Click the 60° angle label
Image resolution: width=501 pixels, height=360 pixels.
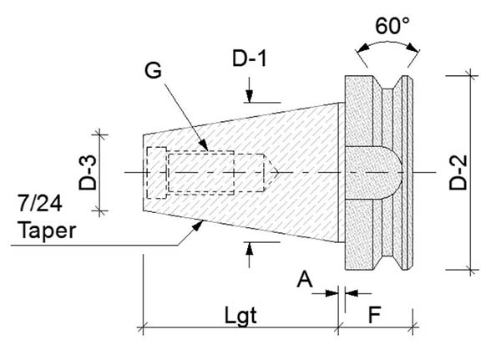392,26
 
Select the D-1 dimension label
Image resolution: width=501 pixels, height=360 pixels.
249,59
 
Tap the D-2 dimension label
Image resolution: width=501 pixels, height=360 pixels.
458,173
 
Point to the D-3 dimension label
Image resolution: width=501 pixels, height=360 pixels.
88,173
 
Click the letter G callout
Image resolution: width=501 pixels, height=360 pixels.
153,70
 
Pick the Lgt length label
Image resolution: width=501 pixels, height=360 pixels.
240,316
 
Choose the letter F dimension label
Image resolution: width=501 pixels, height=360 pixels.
374,315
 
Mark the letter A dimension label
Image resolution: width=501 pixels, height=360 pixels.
305,279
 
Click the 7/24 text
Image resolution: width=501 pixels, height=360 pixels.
40,203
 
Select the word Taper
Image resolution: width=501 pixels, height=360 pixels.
47,231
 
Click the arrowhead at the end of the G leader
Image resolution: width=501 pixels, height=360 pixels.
204,145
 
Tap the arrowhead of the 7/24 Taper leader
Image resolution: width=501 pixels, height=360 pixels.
197,226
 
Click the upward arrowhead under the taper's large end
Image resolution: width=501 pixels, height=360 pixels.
249,248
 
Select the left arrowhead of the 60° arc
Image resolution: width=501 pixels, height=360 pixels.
362,48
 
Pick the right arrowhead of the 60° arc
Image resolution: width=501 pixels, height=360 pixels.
412,48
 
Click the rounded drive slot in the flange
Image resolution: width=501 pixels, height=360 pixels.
373,173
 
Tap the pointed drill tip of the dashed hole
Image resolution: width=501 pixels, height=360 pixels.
271,173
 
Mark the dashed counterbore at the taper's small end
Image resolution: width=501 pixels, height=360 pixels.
157,173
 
